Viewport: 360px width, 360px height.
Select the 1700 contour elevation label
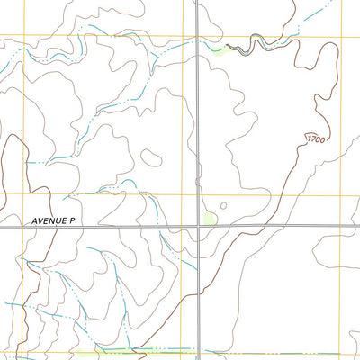[x=315, y=139]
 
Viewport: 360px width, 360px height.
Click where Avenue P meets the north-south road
[x=199, y=227]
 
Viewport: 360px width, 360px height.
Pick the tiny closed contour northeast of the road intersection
[x=223, y=205]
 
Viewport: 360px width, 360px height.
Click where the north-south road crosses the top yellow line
[x=197, y=36]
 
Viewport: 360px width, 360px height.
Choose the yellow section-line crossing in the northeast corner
[x=343, y=37]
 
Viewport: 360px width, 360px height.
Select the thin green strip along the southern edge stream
[x=162, y=347]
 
